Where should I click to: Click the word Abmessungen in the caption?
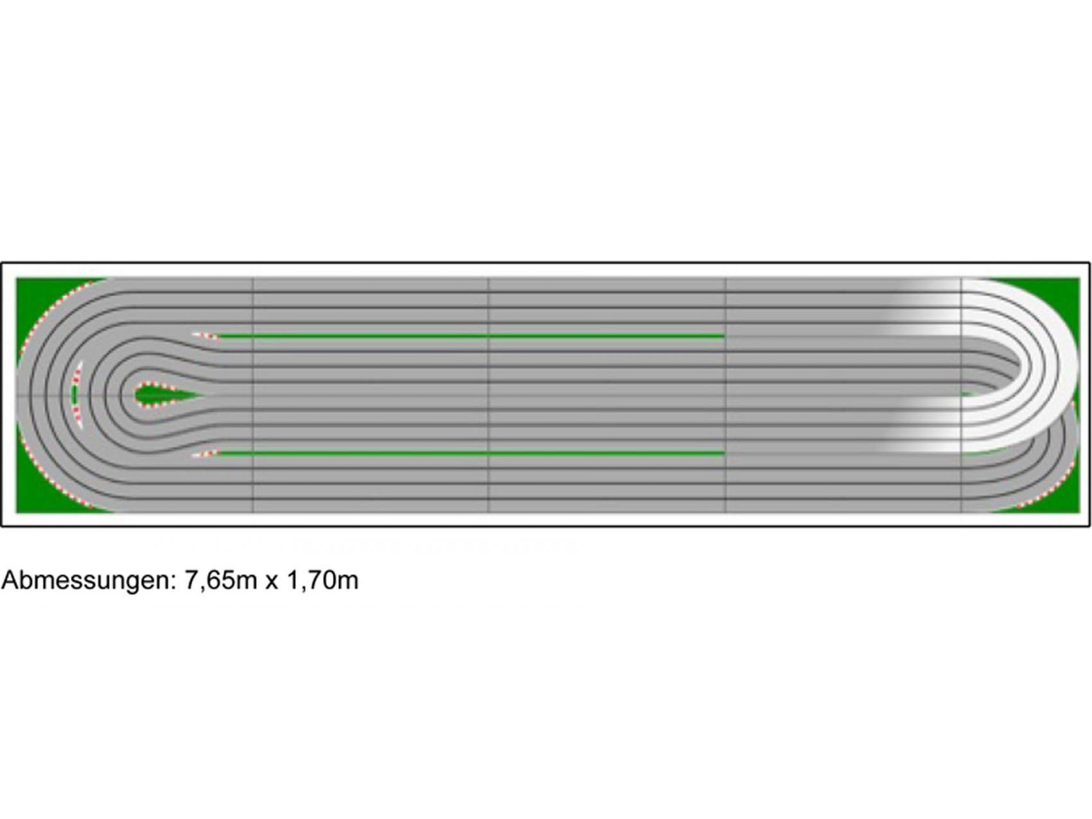pos(89,581)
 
